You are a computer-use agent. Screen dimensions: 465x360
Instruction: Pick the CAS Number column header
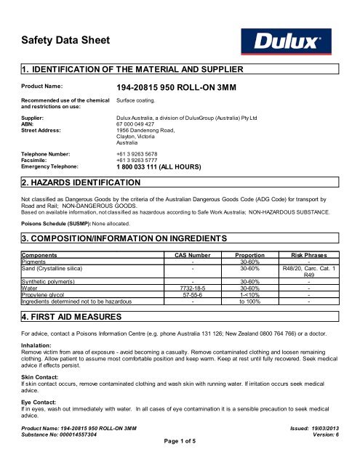click(191, 256)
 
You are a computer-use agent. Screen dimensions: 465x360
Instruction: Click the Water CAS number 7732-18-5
click(191, 288)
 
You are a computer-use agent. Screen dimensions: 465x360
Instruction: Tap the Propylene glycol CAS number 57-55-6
click(191, 296)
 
